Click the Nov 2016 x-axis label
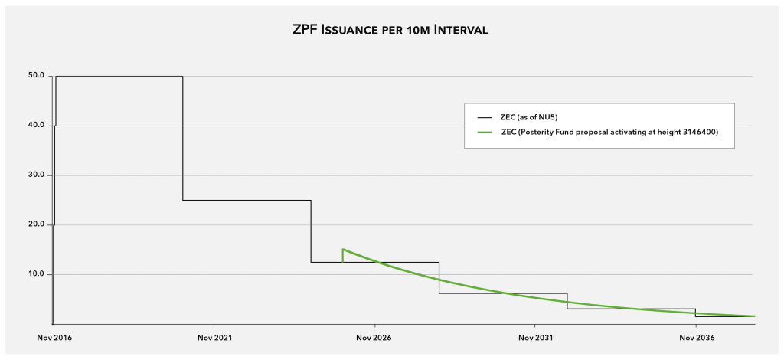[54, 337]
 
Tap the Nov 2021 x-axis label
[214, 337]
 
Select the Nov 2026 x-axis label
[374, 337]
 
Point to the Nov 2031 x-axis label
[534, 337]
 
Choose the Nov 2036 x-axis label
[695, 337]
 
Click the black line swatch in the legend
[484, 117]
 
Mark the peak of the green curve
[343, 249]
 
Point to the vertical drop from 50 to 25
[183, 138]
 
